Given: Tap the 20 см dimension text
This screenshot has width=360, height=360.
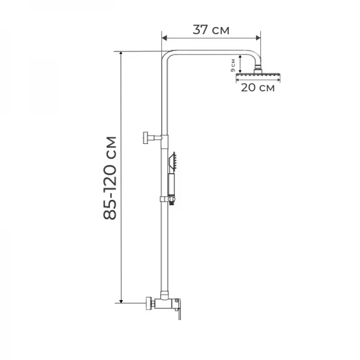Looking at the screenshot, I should tap(258, 88).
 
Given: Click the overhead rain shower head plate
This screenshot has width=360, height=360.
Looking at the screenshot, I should tap(259, 74).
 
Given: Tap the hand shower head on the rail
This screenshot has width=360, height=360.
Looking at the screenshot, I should tap(174, 160).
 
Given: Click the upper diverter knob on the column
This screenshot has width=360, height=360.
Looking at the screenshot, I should tap(146, 138).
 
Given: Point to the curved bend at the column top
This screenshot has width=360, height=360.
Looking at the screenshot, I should tap(170, 57).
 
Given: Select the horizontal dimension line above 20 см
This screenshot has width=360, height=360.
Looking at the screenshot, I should tap(259, 79).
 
